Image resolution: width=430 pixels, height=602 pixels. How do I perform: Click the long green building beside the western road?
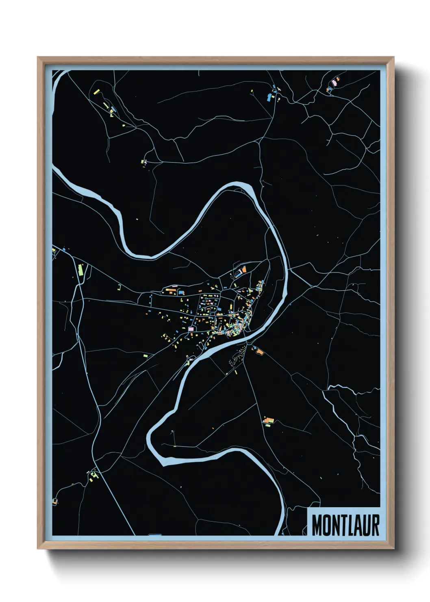click(80, 270)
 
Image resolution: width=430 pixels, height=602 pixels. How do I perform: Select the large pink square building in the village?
click(191, 328)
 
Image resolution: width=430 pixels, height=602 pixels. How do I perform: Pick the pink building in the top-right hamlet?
click(334, 83)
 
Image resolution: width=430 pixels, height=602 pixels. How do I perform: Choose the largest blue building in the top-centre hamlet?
click(269, 97)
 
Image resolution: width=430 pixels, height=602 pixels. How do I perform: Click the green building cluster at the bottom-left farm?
click(94, 475)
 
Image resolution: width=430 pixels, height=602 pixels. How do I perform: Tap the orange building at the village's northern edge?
click(244, 269)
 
